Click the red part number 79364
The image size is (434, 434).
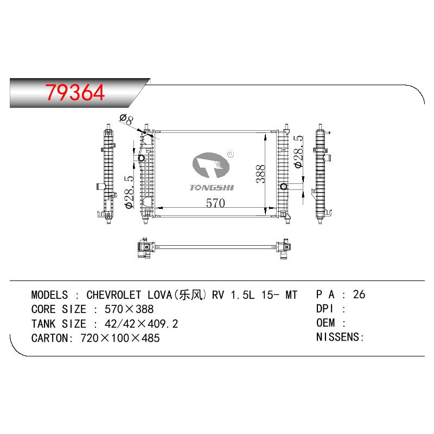click(75, 92)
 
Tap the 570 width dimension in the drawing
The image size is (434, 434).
click(215, 203)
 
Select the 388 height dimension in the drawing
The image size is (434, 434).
click(260, 174)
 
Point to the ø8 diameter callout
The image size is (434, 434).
click(126, 119)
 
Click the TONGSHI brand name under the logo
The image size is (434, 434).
click(212, 188)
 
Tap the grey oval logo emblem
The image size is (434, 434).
click(211, 165)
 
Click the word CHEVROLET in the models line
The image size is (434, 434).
click(114, 295)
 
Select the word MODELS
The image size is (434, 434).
click(49, 295)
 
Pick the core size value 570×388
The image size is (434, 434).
click(129, 309)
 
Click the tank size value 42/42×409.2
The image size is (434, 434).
click(141, 324)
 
